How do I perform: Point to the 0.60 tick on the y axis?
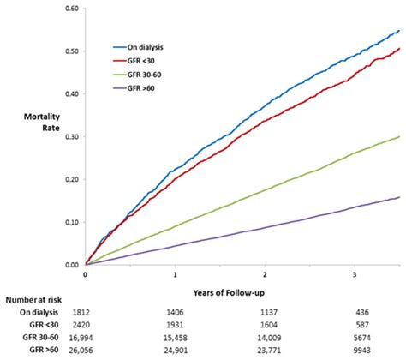point(72,9)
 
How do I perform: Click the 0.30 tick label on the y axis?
point(72,137)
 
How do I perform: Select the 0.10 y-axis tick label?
point(72,223)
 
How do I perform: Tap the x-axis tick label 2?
point(266,275)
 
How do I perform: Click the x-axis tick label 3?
point(355,275)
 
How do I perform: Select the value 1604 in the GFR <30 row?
point(266,327)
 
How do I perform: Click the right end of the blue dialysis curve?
point(399,31)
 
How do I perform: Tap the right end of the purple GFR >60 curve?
point(399,198)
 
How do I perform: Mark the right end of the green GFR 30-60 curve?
point(399,137)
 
